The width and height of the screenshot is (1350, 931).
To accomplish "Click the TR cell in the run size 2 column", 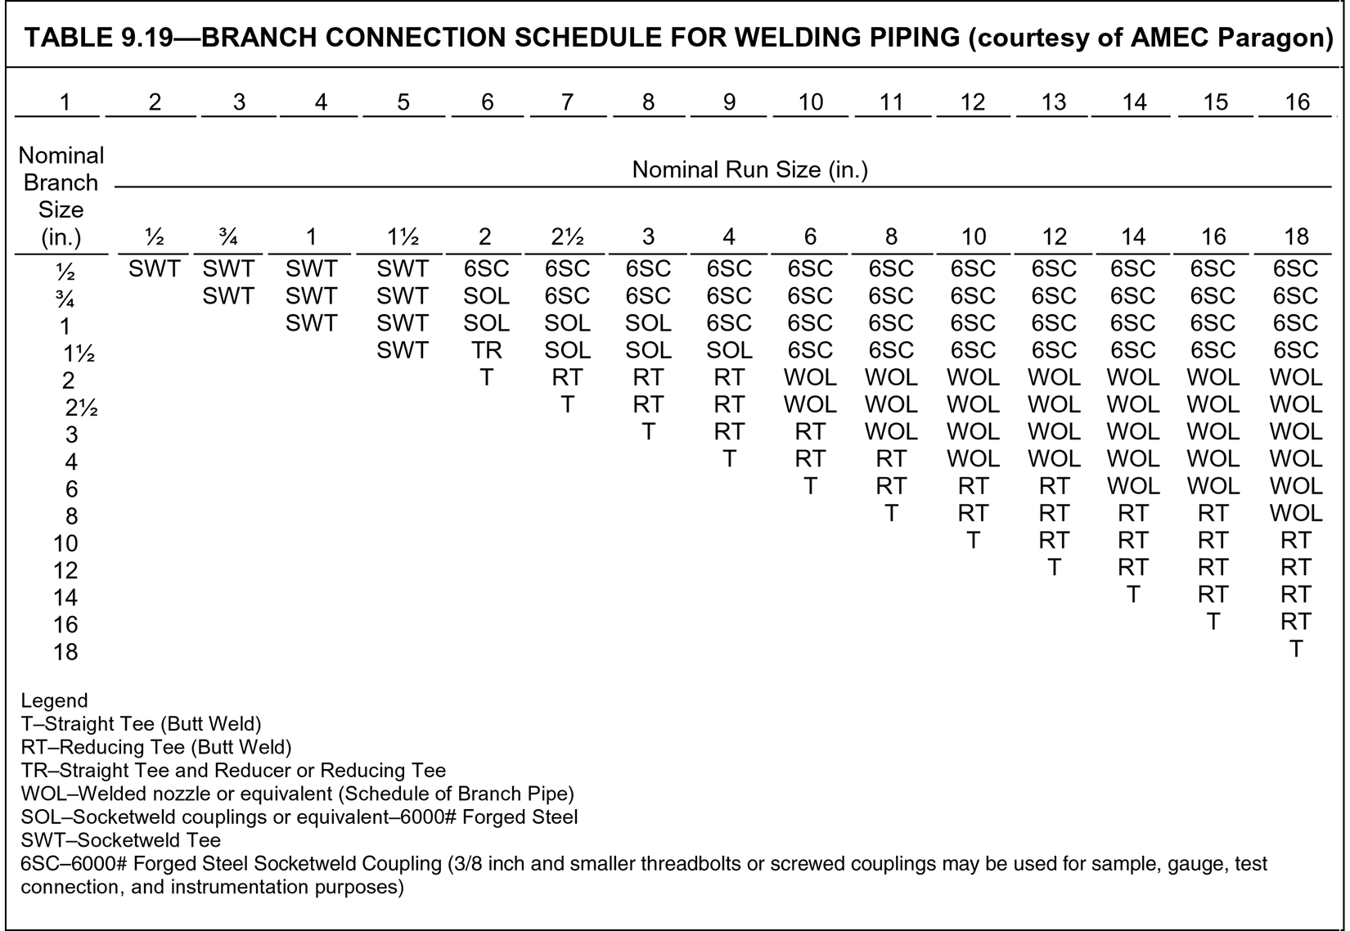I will pyautogui.click(x=486, y=350).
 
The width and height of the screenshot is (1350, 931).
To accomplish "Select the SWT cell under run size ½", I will pyautogui.click(x=154, y=268).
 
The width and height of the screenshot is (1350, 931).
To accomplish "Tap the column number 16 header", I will pyautogui.click(x=1297, y=102).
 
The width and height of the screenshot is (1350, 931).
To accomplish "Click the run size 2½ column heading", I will pyautogui.click(x=566, y=237).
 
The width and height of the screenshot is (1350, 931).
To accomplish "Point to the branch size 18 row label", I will pyautogui.click(x=65, y=652).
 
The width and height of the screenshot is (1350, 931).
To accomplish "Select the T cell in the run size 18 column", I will pyautogui.click(x=1295, y=649).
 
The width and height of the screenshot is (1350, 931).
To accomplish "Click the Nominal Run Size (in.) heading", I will pyautogui.click(x=749, y=170).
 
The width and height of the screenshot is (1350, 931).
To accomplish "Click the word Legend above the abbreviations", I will pyautogui.click(x=54, y=701).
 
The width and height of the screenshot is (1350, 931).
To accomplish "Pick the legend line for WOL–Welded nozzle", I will pyautogui.click(x=297, y=794).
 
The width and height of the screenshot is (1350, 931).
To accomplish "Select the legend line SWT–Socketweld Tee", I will pyautogui.click(x=120, y=840).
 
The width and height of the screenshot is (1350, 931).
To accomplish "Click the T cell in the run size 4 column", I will pyautogui.click(x=728, y=459).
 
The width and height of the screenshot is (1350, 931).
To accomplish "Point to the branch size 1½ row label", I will pyautogui.click(x=79, y=354).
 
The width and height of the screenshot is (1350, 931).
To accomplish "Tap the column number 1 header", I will pyautogui.click(x=65, y=102).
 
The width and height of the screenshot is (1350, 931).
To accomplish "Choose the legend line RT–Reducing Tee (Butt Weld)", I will pyautogui.click(x=155, y=747).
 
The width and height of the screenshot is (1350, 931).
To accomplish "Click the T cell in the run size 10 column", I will pyautogui.click(x=972, y=541).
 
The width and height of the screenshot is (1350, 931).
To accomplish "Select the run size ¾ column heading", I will pyautogui.click(x=228, y=237).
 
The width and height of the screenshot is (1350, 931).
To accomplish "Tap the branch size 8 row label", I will pyautogui.click(x=71, y=516).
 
